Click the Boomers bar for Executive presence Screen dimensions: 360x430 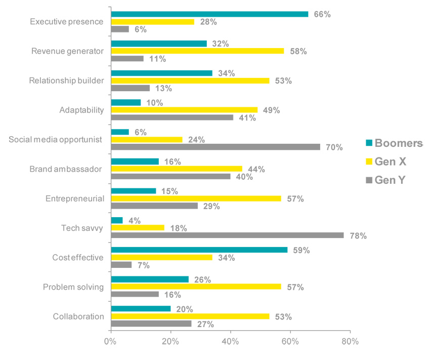click(x=209, y=14)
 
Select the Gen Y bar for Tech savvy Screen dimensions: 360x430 click(x=227, y=235)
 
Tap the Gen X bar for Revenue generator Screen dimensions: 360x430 click(x=197, y=51)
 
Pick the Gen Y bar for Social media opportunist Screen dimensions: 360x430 click(x=216, y=147)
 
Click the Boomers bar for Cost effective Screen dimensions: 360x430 click(x=199, y=250)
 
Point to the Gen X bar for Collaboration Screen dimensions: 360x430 click(x=190, y=316)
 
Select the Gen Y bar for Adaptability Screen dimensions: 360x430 click(x=172, y=117)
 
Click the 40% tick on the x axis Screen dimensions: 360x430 click(x=231, y=342)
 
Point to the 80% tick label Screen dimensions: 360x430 click(x=350, y=342)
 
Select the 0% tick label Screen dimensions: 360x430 click(x=110, y=342)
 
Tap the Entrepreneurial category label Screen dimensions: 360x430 click(x=74, y=198)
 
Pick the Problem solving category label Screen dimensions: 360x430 click(x=73, y=287)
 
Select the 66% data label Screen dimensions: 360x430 click(x=322, y=15)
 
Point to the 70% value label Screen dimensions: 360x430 click(x=334, y=147)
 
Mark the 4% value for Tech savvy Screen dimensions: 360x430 click(x=134, y=221)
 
